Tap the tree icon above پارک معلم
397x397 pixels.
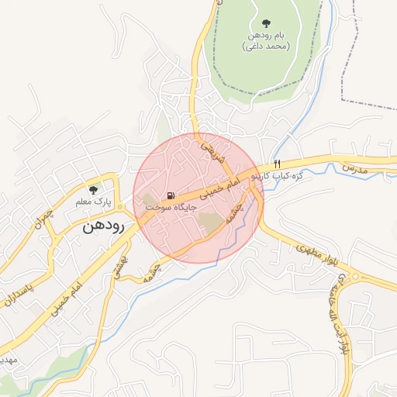(94, 189)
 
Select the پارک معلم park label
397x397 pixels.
(94, 202)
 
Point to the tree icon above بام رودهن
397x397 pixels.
(268, 23)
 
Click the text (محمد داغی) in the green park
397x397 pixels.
(267, 47)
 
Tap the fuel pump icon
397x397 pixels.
(170, 195)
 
